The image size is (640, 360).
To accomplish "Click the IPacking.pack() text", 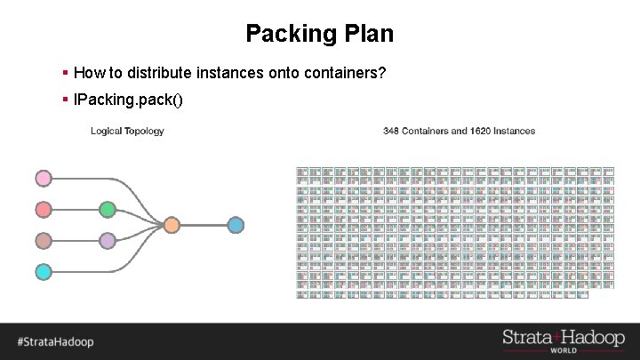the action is [x=128, y=98].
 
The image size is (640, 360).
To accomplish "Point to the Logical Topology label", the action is [x=127, y=132].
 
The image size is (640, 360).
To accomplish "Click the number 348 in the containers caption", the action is [x=391, y=132].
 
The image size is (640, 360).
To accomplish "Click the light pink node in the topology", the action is [x=43, y=179].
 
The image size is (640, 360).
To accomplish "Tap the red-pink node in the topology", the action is [x=43, y=210].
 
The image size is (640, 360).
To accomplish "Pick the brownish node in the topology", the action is [x=43, y=241].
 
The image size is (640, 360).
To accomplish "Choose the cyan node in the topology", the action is [x=43, y=271].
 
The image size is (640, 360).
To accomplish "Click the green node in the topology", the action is [x=108, y=210].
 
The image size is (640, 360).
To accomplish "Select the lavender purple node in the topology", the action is [x=108, y=241].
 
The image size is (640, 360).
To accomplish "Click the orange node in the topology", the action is [x=172, y=225].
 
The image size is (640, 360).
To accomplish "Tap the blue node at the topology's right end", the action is [x=236, y=225].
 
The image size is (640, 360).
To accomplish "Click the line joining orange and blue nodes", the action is [x=204, y=225].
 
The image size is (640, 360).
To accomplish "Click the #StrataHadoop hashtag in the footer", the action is [x=55, y=341].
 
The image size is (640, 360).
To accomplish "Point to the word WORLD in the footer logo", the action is [x=563, y=350].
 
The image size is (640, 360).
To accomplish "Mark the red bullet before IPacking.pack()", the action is [x=66, y=98].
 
